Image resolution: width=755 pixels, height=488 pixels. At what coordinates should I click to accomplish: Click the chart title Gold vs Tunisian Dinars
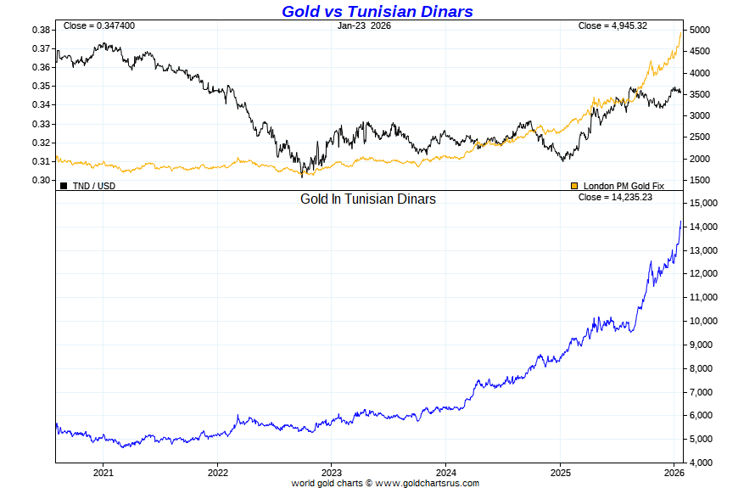(x=377, y=11)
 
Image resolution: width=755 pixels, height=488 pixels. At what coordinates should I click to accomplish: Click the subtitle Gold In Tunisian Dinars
(x=368, y=199)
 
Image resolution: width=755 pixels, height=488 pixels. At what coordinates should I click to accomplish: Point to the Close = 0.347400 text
(x=98, y=25)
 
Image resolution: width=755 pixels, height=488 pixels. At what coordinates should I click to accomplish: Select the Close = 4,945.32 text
(x=612, y=25)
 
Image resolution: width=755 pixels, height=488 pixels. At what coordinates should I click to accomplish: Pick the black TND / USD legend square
(x=64, y=185)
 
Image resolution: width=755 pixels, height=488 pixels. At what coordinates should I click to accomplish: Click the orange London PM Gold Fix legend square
(x=574, y=185)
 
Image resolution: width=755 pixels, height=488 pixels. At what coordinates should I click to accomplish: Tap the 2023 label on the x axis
(x=332, y=472)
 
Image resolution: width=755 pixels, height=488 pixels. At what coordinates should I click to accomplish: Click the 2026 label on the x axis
(x=674, y=472)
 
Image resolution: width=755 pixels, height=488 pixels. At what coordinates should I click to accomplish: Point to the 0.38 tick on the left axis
(x=39, y=30)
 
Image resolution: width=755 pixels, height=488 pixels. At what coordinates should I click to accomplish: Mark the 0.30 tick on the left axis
(x=39, y=180)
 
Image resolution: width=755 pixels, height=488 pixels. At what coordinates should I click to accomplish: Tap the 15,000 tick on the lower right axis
(x=705, y=204)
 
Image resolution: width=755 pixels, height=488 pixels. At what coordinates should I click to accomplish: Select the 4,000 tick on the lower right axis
(x=702, y=463)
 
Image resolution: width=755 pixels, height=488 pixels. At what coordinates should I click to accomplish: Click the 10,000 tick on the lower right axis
(x=705, y=321)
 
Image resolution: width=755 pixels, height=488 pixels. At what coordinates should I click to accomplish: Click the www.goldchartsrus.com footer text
(x=427, y=483)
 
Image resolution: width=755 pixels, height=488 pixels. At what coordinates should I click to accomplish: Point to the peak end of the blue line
(x=680, y=222)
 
